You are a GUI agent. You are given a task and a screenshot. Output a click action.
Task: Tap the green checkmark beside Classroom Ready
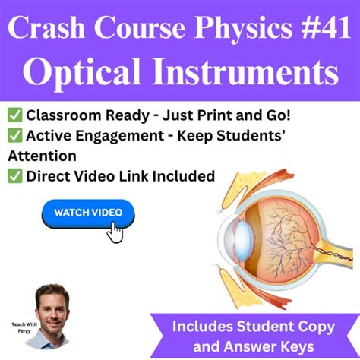pyautogui.click(x=15, y=116)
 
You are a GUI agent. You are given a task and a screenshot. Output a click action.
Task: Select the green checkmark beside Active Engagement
pyautogui.click(x=15, y=137)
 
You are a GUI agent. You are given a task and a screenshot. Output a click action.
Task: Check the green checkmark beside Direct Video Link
pyautogui.click(x=15, y=176)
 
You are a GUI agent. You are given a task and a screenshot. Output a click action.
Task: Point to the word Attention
pyautogui.click(x=42, y=156)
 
